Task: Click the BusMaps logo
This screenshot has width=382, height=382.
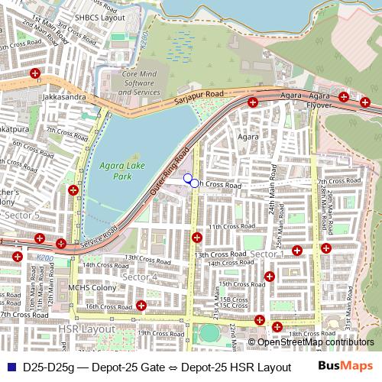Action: point(345,366)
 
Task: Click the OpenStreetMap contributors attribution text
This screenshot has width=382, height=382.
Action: point(317,342)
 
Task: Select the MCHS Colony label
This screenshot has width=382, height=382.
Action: point(92,288)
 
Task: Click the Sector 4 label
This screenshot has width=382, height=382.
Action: point(140,276)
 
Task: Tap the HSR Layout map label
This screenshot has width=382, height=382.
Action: point(86,329)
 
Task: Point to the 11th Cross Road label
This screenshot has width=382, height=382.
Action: point(225,227)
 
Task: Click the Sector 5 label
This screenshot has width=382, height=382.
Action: point(22,216)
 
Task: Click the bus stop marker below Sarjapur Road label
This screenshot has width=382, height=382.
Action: point(253,102)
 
